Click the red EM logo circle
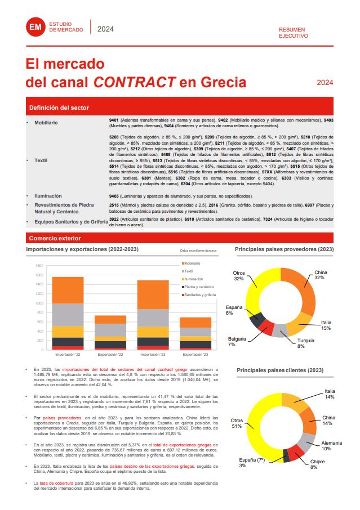tap(35, 28)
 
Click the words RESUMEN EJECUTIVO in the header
tap(294, 32)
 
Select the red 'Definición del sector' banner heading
tap(59, 108)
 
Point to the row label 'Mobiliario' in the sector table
tap(46, 122)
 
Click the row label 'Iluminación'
tap(48, 196)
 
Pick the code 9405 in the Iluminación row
tap(114, 196)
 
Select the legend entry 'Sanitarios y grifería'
tap(199, 294)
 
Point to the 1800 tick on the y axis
tap(39, 265)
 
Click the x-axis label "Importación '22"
tap(68, 355)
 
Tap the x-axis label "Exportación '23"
tap(195, 355)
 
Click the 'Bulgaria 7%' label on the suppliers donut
tap(235, 341)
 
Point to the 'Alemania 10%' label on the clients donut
tap(331, 445)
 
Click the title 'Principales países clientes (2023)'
tap(279, 370)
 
